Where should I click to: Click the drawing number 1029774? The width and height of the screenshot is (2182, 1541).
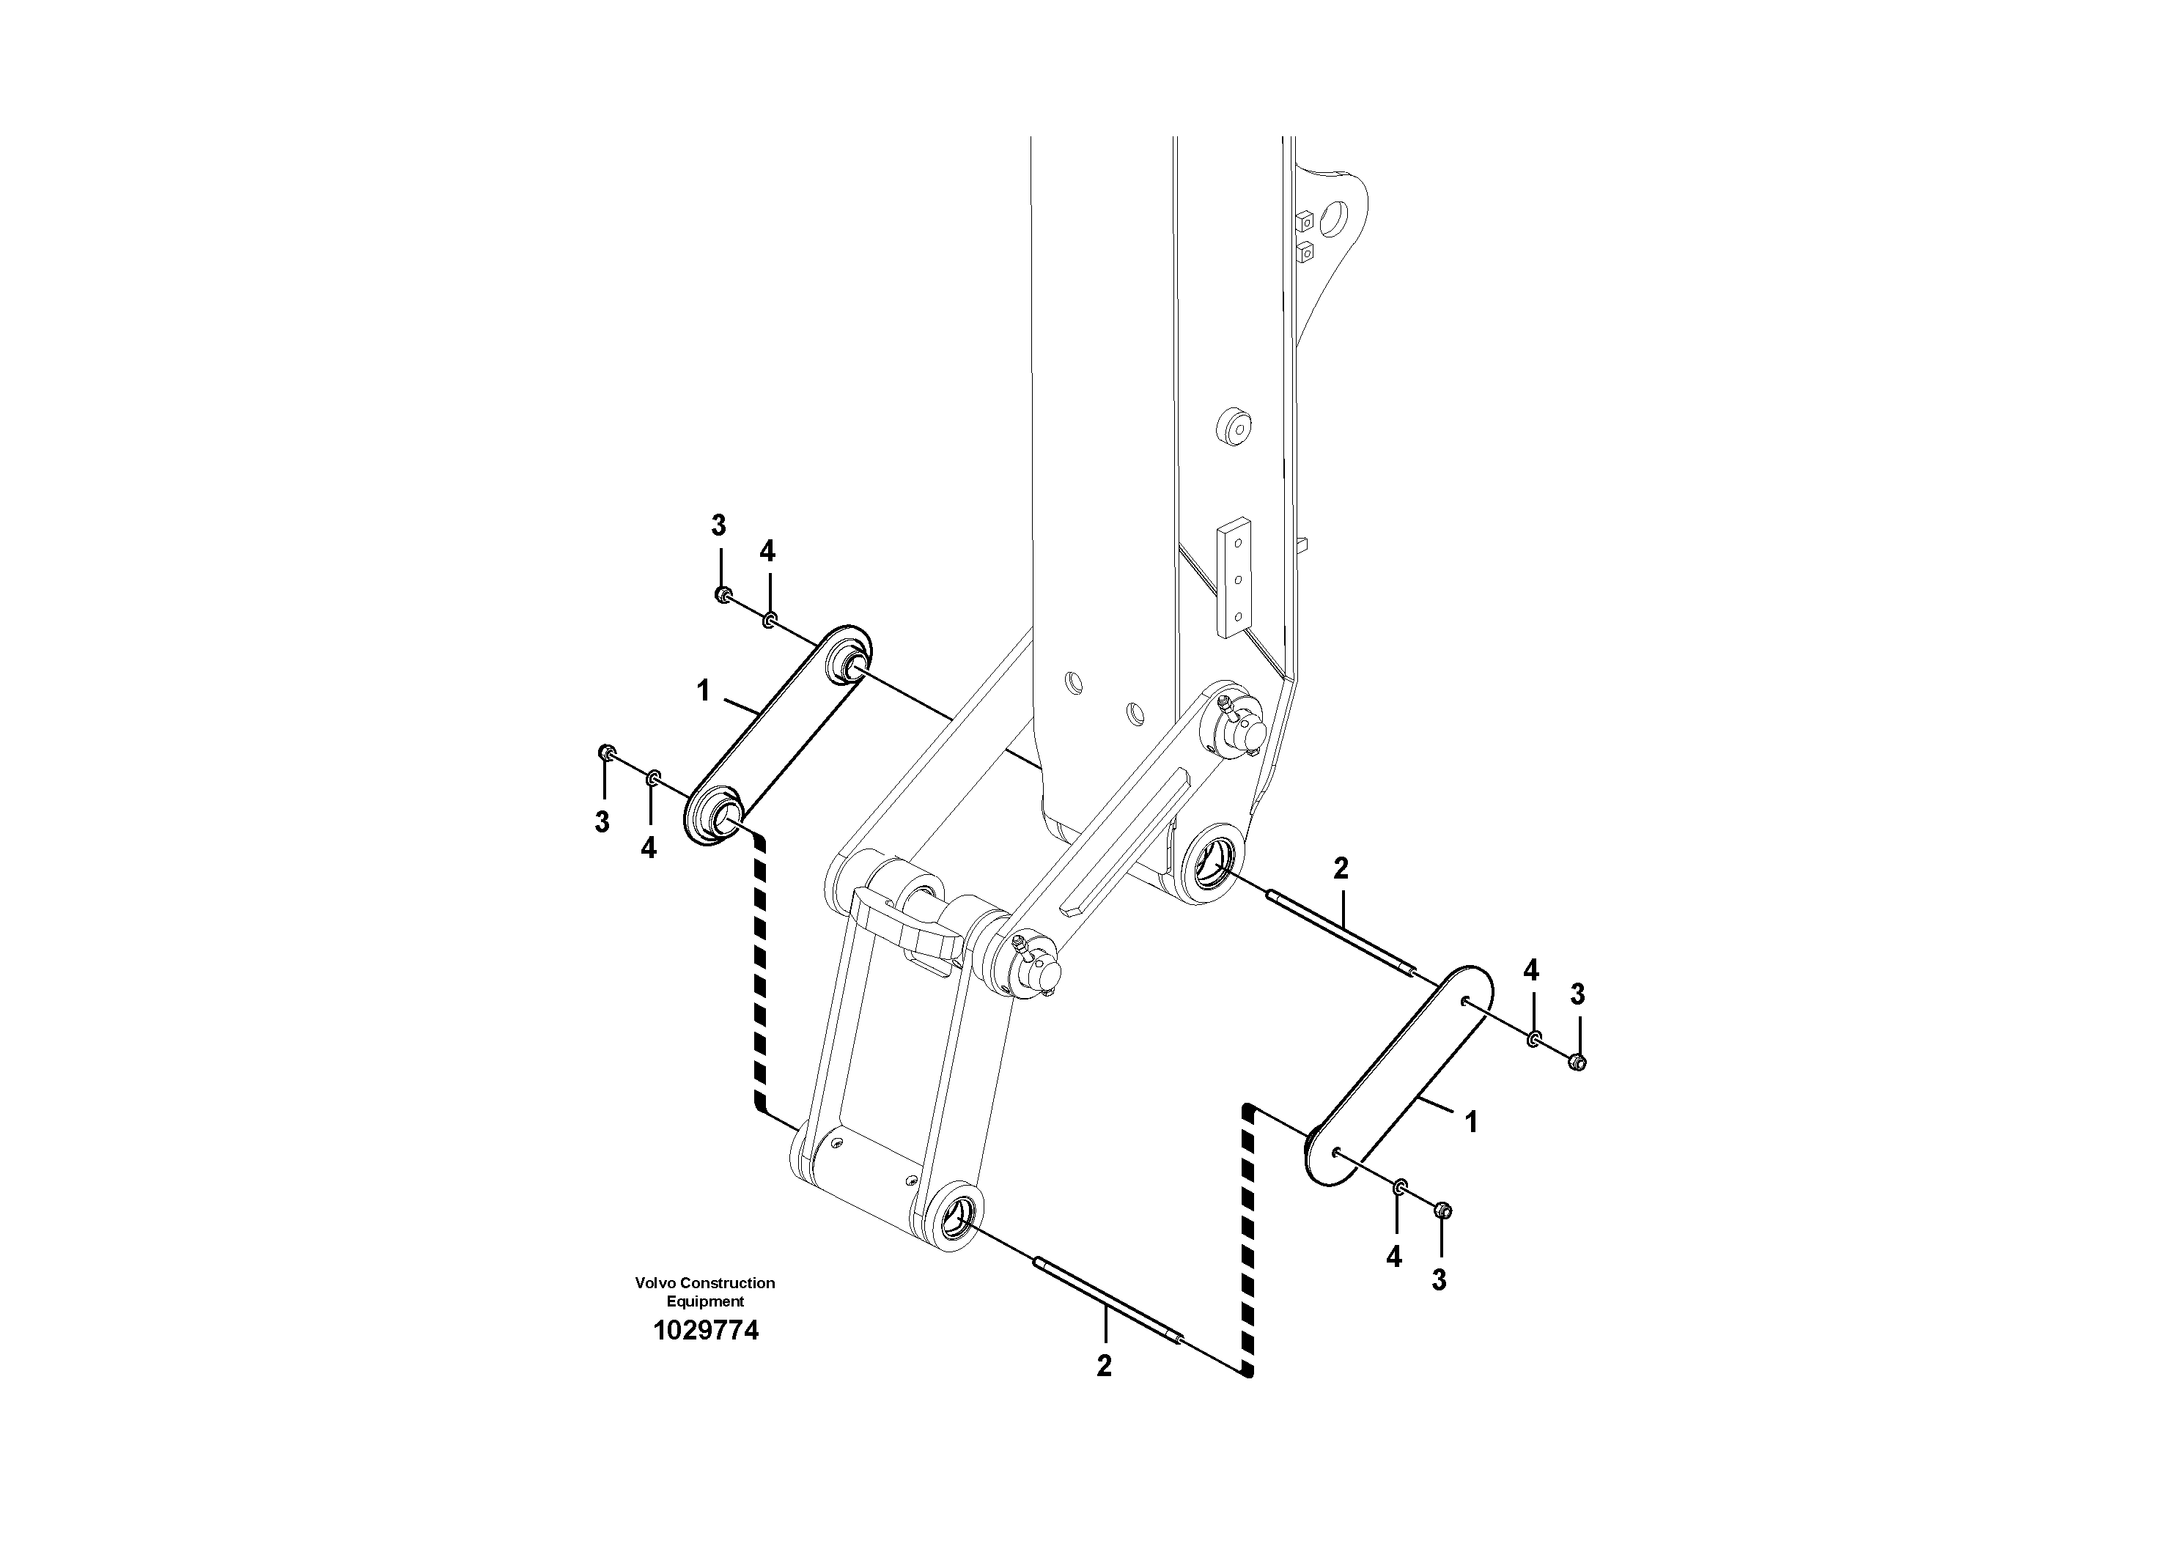pos(705,1331)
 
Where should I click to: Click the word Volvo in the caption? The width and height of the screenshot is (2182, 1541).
pos(656,1282)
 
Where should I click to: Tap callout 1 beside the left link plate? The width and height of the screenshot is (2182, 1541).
pos(702,691)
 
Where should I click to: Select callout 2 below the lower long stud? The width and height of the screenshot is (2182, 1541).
pos(1103,1365)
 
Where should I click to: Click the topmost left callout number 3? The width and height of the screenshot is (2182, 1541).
pos(718,525)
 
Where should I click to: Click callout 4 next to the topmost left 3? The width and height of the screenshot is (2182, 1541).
pos(767,550)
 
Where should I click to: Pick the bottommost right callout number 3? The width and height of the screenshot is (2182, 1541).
pos(1439,1279)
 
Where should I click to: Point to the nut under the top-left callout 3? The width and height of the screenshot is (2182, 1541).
pos(722,595)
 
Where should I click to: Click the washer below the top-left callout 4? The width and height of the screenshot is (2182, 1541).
pos(770,621)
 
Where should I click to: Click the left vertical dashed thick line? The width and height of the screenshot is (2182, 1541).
pos(759,978)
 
